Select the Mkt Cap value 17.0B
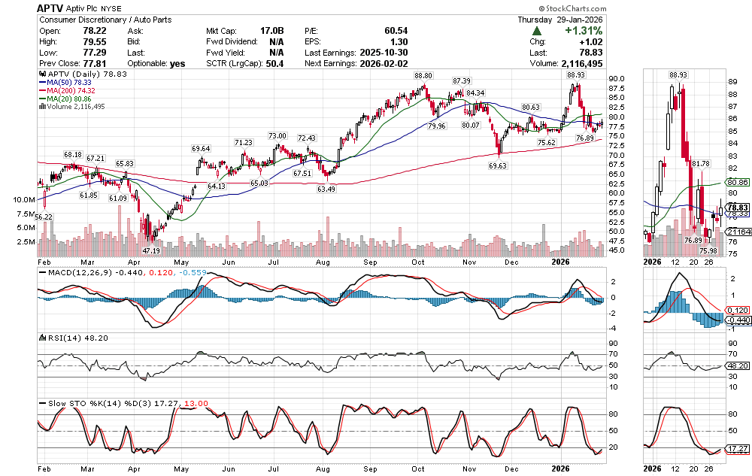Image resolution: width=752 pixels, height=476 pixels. click(x=271, y=32)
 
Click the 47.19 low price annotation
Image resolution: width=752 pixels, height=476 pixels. click(x=151, y=250)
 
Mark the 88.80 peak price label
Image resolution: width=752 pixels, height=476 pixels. click(x=423, y=76)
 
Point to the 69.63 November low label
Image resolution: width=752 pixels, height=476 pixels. click(x=498, y=165)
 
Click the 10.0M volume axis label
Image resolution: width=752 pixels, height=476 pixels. click(x=25, y=200)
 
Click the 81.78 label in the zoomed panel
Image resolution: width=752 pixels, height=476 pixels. click(x=700, y=163)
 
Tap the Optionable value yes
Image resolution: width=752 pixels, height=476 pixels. click(x=177, y=64)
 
